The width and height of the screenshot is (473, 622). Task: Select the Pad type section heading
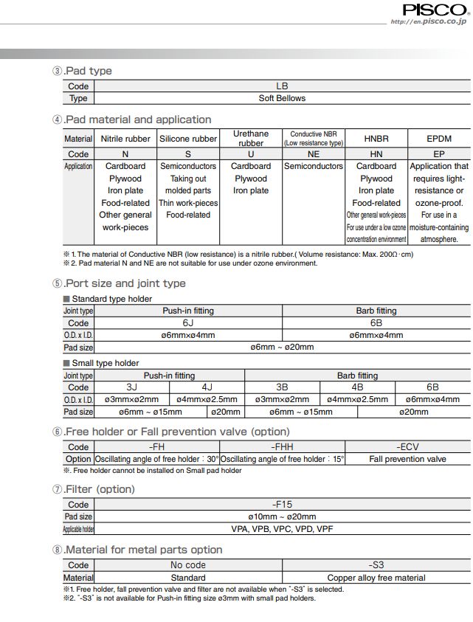click(82, 71)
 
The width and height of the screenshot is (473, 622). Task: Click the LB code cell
click(281, 86)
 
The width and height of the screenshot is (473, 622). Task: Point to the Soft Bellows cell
click(281, 98)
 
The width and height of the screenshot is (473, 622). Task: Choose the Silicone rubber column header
click(188, 139)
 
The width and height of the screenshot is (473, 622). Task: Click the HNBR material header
click(376, 139)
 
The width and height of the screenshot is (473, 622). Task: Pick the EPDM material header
click(439, 139)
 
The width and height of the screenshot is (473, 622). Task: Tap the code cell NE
click(314, 154)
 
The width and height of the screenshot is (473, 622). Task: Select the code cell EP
click(439, 154)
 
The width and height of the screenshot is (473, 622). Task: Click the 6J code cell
click(188, 323)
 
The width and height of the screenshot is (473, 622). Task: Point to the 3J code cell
click(132, 387)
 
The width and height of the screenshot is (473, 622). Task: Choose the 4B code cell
click(357, 387)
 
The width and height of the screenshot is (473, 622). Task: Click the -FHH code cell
click(283, 447)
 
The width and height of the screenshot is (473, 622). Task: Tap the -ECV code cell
click(407, 447)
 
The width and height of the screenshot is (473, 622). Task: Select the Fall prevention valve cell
click(407, 459)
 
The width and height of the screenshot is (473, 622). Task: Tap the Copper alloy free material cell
click(376, 578)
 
